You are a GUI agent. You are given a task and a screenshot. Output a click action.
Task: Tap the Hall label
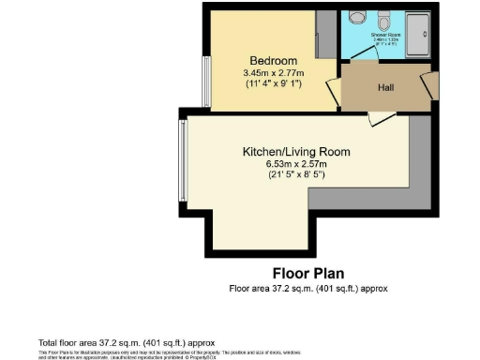tap(386, 86)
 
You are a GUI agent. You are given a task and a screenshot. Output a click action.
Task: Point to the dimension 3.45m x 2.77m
tap(267, 71)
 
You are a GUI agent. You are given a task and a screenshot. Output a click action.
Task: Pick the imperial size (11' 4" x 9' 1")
tap(267, 82)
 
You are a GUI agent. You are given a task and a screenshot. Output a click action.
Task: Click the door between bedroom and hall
tap(332, 92)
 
